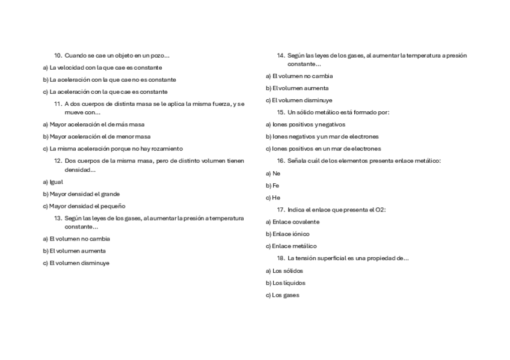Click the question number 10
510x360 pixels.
coord(58,55)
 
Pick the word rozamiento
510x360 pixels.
coord(168,148)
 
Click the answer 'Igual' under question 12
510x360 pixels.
coord(56,182)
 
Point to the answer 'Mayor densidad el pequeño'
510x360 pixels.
coord(87,206)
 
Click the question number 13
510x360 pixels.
coord(58,218)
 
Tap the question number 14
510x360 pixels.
coord(281,55)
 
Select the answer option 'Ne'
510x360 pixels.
coord(276,173)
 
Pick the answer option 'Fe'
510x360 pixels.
coord(275,185)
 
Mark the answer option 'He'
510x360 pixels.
coord(276,198)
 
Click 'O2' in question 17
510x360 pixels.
coord(379,210)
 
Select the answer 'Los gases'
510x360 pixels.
coord(286,295)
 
